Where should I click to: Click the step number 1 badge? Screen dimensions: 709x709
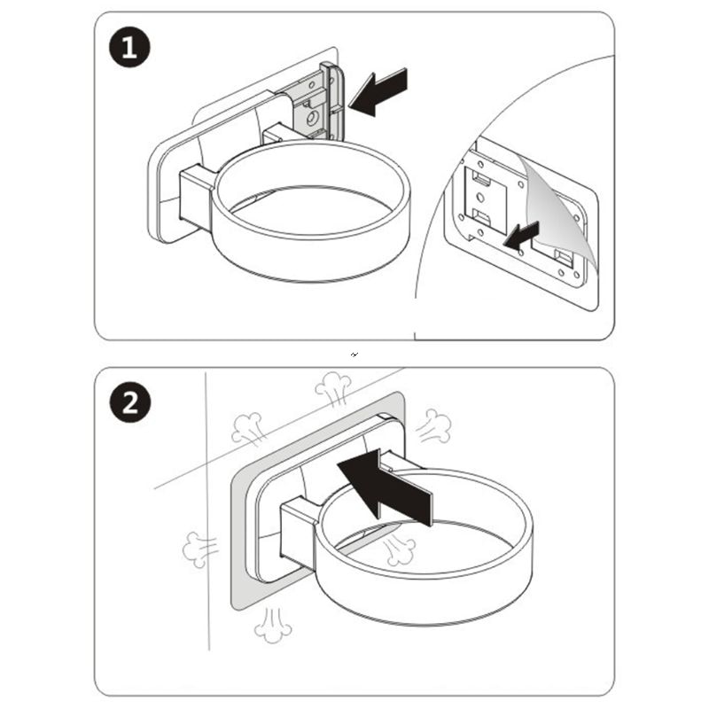(129, 46)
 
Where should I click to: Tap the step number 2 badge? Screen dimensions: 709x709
(129, 403)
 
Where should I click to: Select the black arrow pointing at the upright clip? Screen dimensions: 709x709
(379, 92)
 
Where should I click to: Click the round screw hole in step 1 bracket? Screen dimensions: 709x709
(312, 116)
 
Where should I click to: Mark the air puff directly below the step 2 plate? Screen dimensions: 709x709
(272, 628)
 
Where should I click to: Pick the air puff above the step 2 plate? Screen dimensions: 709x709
(333, 387)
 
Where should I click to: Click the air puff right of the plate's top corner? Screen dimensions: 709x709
(433, 426)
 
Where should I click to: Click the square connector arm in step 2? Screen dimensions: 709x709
(300, 533)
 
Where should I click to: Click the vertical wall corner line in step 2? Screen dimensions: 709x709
(206, 532)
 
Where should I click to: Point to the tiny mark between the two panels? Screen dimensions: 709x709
(354, 354)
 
